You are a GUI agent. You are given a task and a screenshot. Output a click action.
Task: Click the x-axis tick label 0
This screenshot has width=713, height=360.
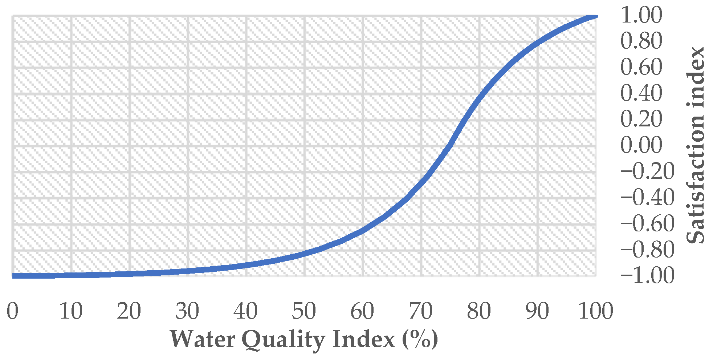pos(13,311)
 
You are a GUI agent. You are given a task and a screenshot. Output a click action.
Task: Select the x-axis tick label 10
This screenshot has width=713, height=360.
pos(71,311)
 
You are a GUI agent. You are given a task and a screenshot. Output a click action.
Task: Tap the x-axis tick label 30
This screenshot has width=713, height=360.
pos(187,311)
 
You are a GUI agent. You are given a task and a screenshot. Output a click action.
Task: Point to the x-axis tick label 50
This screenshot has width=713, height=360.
pos(304,311)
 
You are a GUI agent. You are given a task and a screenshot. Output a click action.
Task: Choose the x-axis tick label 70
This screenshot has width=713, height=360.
pos(421,311)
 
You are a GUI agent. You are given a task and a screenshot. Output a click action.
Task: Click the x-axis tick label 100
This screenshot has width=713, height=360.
pos(595,311)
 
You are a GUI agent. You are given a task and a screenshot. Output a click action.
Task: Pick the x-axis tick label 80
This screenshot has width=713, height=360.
pos(479,311)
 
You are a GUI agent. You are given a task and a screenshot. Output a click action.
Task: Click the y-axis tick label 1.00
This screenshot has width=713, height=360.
pos(641,15)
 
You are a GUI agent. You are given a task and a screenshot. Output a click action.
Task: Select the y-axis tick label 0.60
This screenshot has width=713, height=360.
pos(641,67)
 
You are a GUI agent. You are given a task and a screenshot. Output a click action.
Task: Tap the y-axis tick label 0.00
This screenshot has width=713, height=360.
pos(641,145)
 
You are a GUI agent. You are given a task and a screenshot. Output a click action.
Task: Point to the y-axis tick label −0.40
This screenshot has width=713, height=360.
pos(647,198)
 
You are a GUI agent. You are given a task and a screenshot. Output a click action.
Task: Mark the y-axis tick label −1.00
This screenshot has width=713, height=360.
pos(647,275)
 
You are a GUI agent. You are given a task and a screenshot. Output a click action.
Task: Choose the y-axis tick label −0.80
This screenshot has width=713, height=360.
pos(647,250)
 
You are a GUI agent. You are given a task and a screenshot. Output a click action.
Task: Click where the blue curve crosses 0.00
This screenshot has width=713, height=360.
pos(450,145)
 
